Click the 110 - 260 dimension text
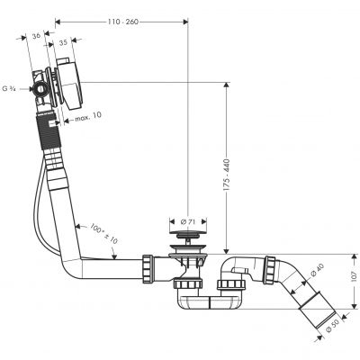[121, 19]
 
